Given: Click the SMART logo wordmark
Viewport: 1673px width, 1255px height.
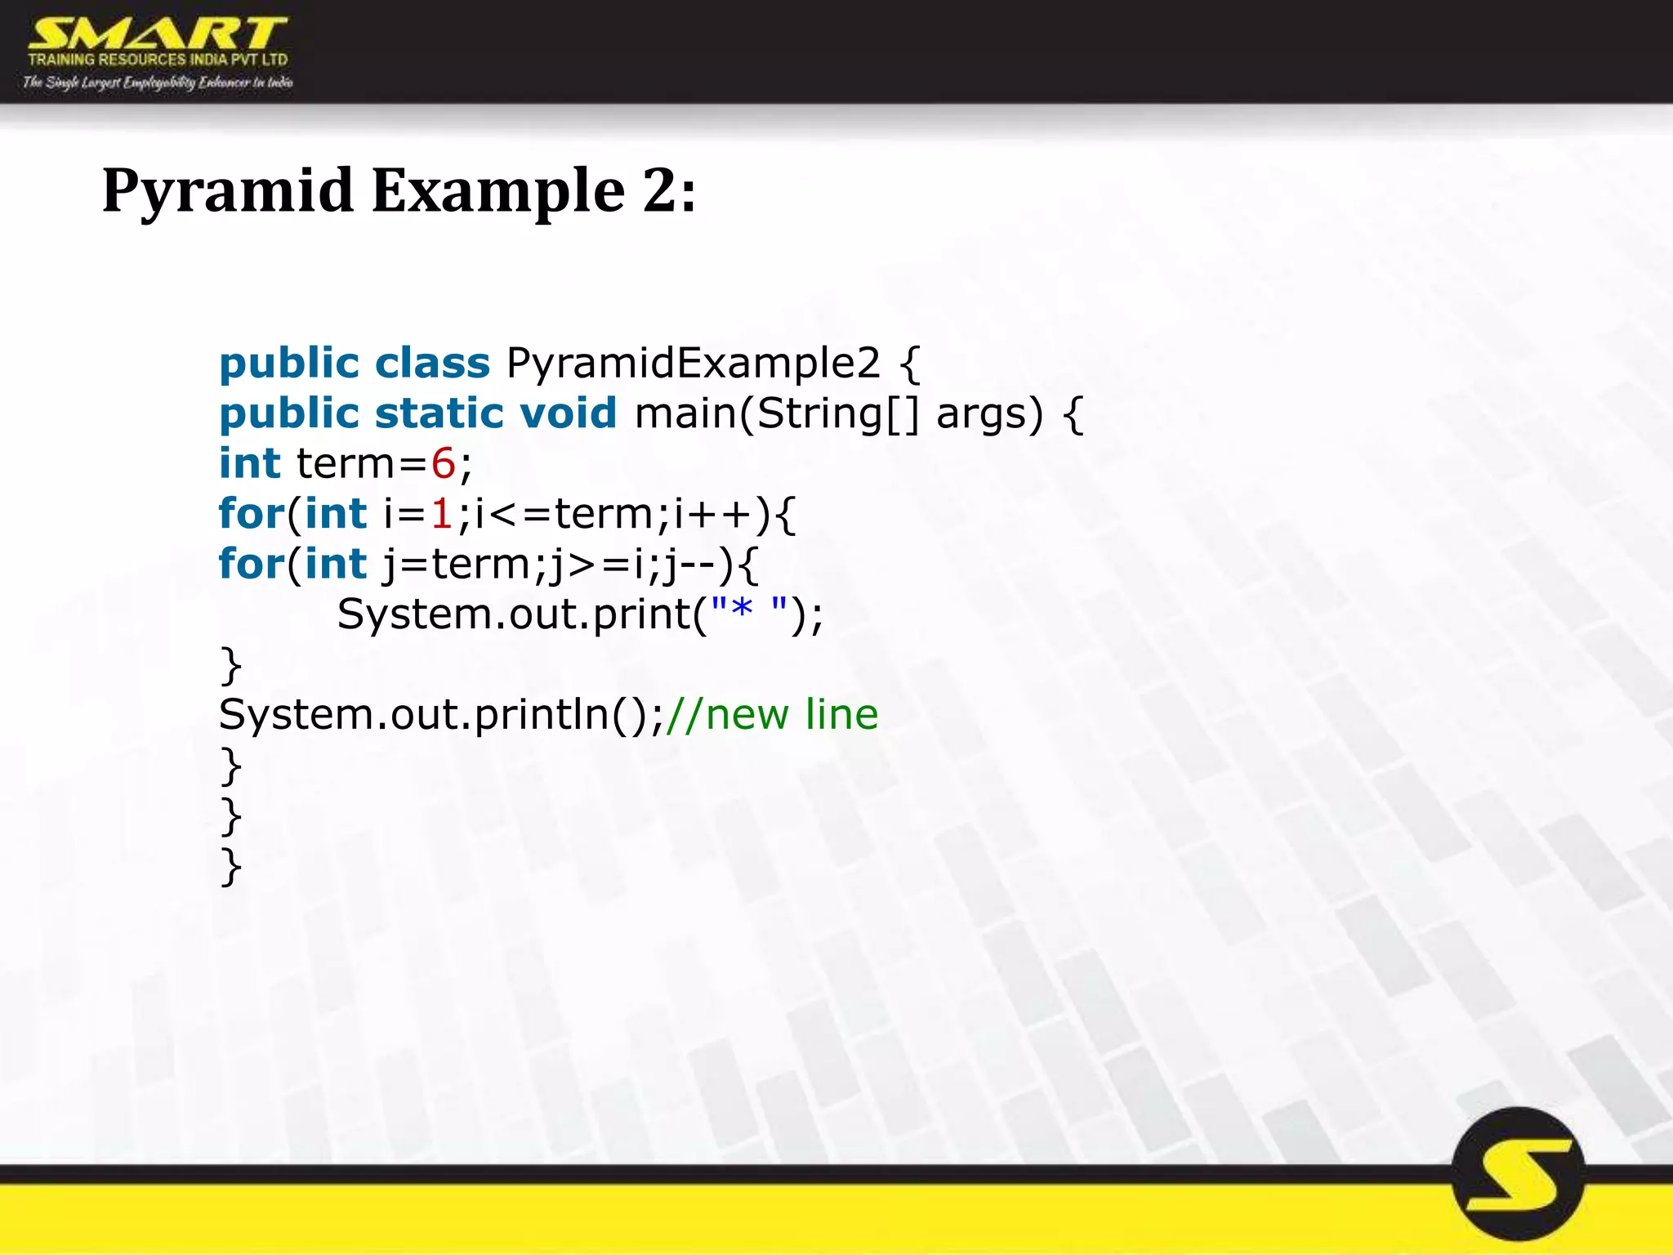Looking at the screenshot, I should point(157,34).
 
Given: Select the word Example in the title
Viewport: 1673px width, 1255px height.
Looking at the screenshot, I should point(497,191).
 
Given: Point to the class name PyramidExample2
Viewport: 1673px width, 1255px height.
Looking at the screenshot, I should point(693,364).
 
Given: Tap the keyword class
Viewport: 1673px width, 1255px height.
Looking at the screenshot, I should point(432,364).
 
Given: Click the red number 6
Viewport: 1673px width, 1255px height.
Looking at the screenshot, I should point(443,464).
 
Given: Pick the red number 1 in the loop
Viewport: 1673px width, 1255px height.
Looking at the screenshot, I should point(442,514).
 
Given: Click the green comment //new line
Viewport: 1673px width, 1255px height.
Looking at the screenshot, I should point(772,715).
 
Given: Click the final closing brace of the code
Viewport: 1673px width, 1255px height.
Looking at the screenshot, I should point(231,866).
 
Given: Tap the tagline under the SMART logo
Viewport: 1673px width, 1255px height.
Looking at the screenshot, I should point(158,82).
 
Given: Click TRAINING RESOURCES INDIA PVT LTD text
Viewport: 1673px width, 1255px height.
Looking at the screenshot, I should point(158,60).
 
